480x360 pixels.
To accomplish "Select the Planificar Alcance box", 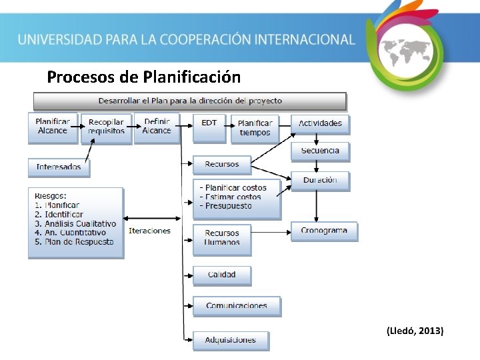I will tap(52, 127).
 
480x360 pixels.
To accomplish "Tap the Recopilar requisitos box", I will tap(107, 127).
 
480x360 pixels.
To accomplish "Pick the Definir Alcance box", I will tap(157, 127).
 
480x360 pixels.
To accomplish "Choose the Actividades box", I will tap(320, 123).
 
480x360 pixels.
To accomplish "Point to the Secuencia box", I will tap(320, 151).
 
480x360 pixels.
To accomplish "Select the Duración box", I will tap(320, 180).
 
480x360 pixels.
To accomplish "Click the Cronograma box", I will tap(324, 231).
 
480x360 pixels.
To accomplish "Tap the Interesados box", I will tap(59, 167).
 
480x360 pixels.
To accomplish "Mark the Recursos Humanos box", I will tap(222, 238).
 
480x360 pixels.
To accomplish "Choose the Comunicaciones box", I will tap(237, 306).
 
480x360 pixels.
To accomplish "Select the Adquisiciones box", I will tap(231, 340).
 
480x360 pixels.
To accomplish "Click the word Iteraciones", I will tap(149, 231).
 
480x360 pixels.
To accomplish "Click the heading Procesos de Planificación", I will tap(144, 77).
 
